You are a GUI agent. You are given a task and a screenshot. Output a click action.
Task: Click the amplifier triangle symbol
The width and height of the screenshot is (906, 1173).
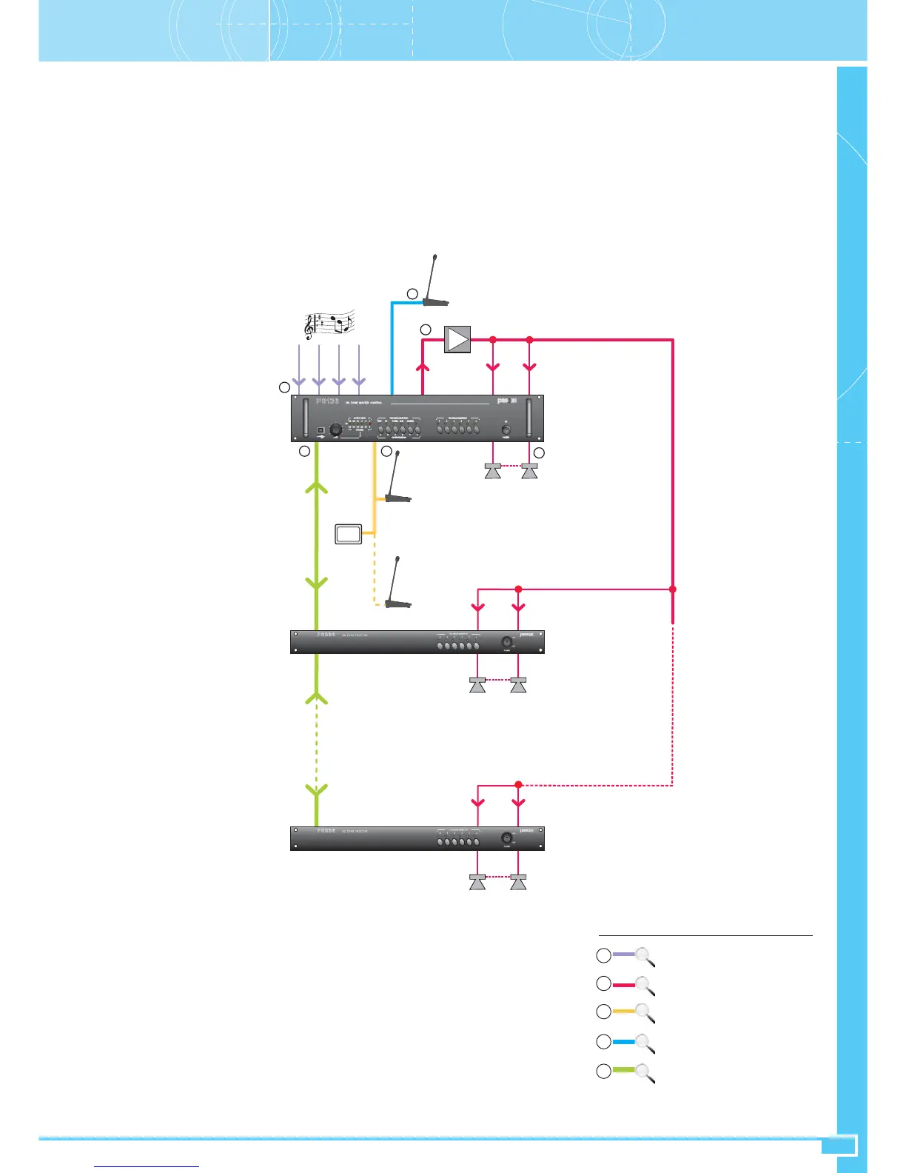click(x=457, y=340)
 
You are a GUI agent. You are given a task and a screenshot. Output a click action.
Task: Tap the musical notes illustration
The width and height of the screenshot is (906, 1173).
click(x=330, y=324)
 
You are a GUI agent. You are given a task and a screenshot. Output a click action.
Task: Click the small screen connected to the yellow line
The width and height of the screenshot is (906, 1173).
click(x=348, y=533)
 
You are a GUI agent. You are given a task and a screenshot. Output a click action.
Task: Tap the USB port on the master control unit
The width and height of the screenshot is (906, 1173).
click(x=321, y=430)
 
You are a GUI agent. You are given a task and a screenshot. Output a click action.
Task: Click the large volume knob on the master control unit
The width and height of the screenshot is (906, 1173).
click(x=336, y=430)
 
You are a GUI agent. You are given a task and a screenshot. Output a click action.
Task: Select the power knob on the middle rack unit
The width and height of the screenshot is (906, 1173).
click(x=507, y=641)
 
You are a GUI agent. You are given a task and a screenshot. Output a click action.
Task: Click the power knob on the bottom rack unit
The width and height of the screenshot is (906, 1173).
click(x=507, y=838)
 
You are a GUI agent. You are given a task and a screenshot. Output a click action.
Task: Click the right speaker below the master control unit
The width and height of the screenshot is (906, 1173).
click(x=529, y=470)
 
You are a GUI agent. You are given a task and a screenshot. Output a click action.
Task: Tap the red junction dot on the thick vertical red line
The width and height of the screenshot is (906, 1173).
click(x=673, y=589)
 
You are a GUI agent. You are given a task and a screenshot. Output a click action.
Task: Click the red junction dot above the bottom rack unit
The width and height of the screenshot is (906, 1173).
click(x=519, y=785)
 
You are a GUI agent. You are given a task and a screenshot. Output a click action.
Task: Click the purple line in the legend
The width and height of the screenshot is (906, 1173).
click(x=623, y=955)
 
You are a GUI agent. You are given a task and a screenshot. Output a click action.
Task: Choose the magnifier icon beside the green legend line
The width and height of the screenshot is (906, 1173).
click(x=645, y=1073)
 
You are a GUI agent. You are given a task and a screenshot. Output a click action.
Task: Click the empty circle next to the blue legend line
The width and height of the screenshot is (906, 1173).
click(x=604, y=1042)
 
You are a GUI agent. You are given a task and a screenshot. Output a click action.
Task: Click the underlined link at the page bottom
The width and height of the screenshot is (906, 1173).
click(x=147, y=1166)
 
